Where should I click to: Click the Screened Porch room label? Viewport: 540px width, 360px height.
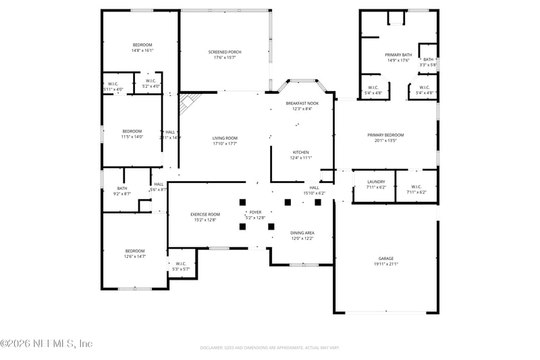225,52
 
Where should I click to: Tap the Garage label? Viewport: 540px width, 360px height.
385,259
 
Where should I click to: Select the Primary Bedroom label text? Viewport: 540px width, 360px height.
385,135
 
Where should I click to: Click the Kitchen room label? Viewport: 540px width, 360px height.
300,152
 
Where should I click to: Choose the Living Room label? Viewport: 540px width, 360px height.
225,138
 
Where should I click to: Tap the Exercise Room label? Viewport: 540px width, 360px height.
205,214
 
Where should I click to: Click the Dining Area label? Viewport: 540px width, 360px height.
302,233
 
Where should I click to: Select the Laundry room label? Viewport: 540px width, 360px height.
376,182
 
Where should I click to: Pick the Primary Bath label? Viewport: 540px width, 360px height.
398,55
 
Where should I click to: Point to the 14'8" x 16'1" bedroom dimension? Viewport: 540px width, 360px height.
142,50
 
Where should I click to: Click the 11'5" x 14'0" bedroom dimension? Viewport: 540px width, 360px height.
132,136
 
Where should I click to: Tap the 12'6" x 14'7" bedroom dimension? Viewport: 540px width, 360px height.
135,257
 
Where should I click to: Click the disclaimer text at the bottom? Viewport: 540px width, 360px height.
269,347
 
